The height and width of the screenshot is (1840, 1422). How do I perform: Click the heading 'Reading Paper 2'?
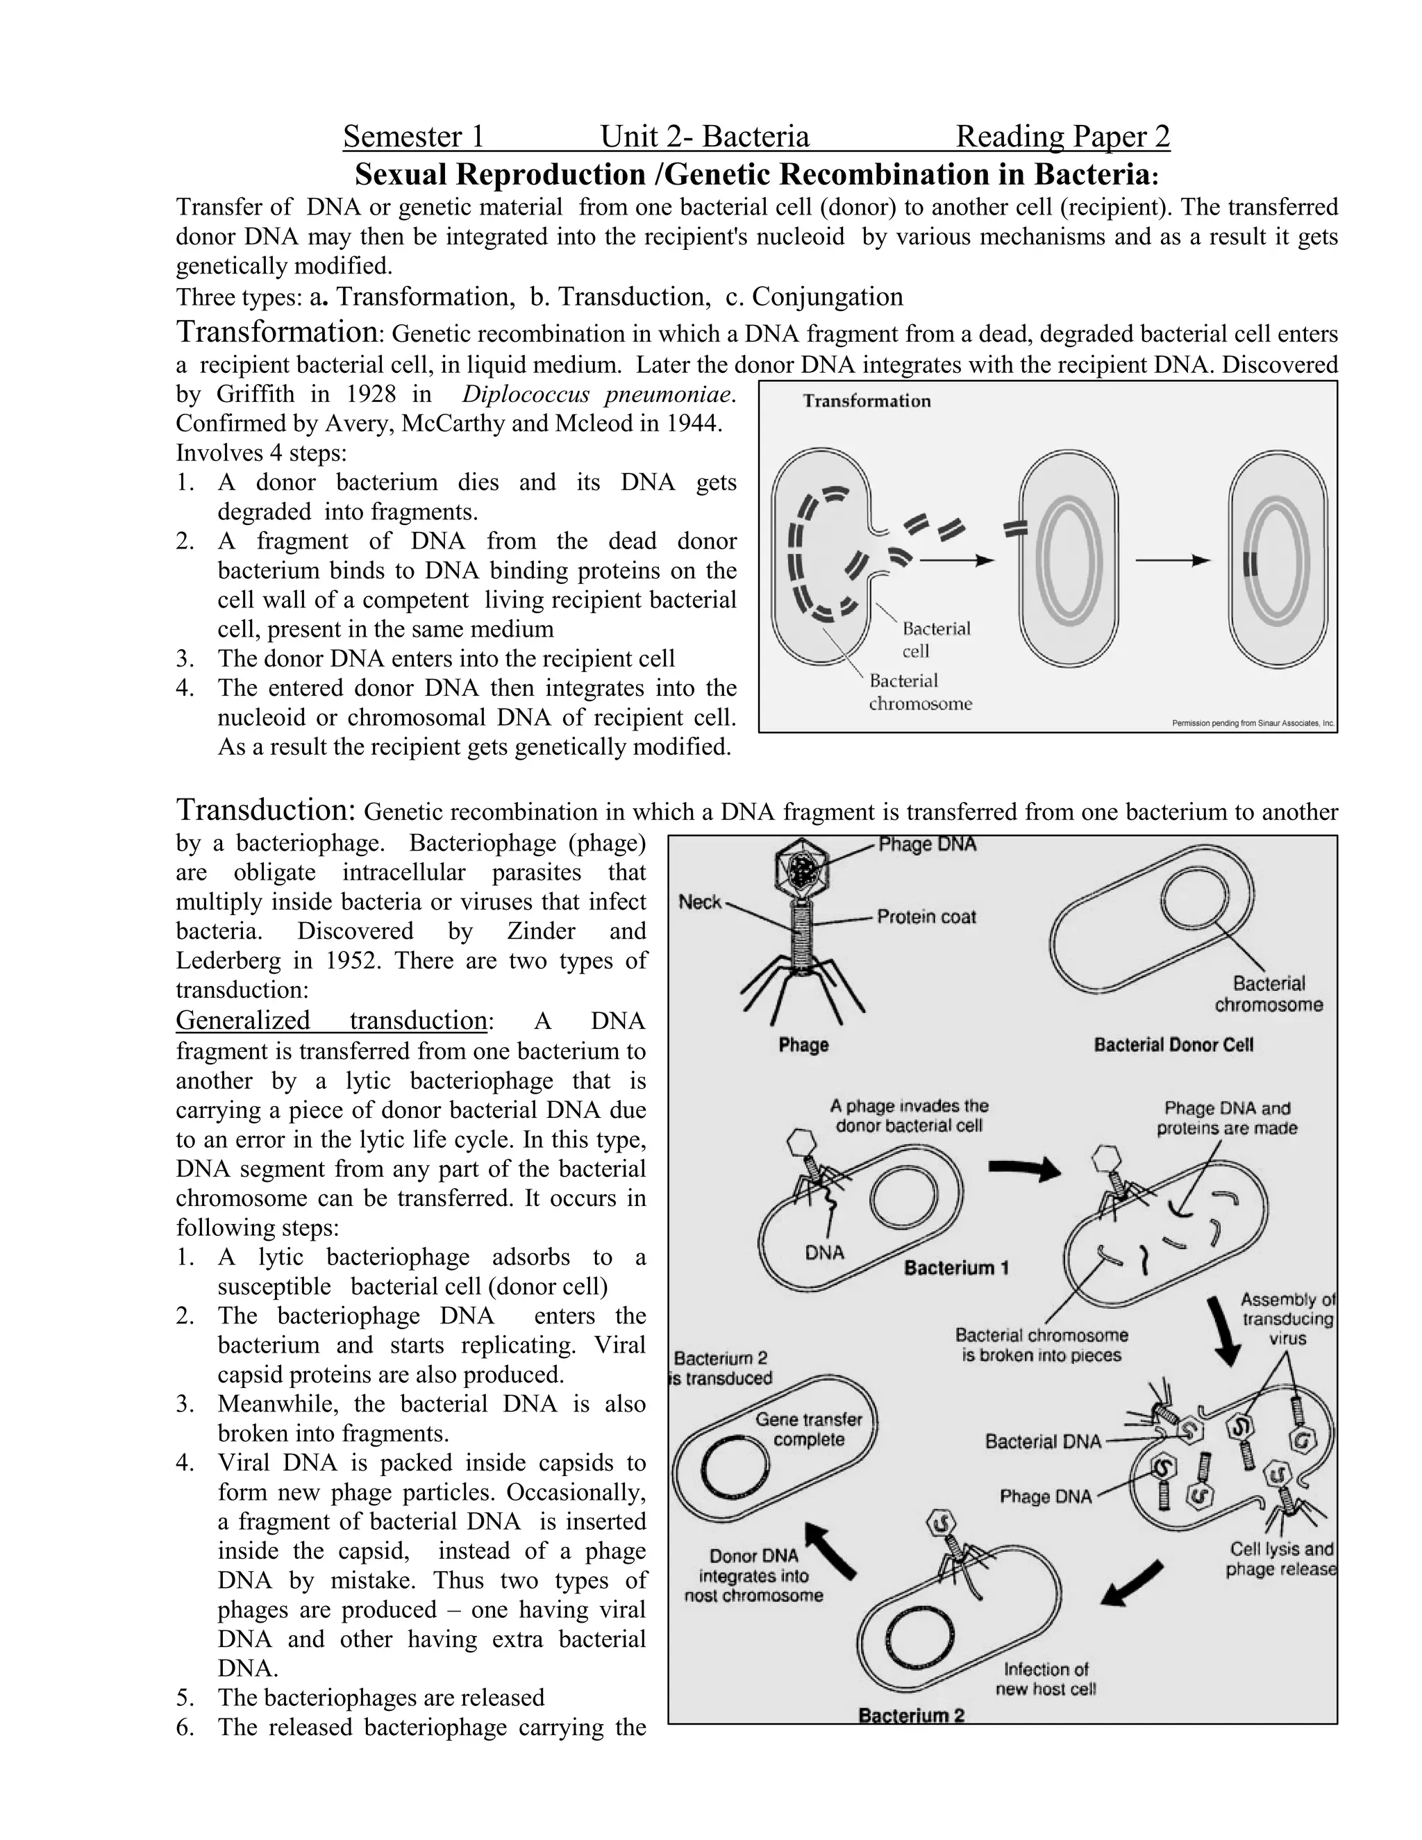pos(1062,137)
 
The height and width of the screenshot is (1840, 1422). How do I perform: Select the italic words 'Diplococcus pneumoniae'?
pos(599,394)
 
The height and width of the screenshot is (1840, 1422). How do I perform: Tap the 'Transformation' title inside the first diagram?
pos(866,401)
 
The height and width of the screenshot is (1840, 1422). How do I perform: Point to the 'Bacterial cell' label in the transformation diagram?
pos(935,639)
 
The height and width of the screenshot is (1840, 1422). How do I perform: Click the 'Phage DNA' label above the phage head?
pos(927,844)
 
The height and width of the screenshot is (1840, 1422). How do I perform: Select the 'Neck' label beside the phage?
pos(700,903)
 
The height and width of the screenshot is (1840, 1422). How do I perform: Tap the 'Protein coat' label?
pos(926,917)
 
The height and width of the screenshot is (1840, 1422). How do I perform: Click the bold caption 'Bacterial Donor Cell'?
pos(1173,1045)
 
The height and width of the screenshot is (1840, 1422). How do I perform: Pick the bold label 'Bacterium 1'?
pos(956,1267)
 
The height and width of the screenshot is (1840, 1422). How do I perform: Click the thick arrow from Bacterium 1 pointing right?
pos(1024,1169)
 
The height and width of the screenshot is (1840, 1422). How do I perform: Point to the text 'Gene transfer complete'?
pos(808,1429)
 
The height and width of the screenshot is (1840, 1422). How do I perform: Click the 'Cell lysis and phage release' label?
pos(1280,1559)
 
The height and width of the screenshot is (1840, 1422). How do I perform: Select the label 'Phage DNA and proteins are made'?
pos(1227,1118)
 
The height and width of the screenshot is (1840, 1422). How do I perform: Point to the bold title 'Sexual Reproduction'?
pos(499,174)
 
